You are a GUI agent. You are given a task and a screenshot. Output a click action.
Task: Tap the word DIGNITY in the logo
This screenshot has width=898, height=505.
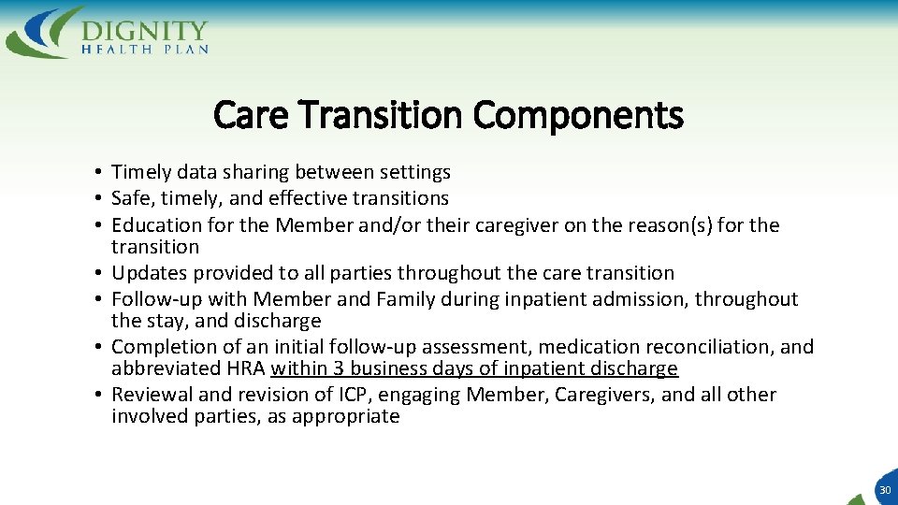pos(144,30)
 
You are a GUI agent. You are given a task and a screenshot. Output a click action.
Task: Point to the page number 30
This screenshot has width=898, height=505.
pos(884,490)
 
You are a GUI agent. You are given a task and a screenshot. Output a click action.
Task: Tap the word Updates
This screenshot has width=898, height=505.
pos(145,274)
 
